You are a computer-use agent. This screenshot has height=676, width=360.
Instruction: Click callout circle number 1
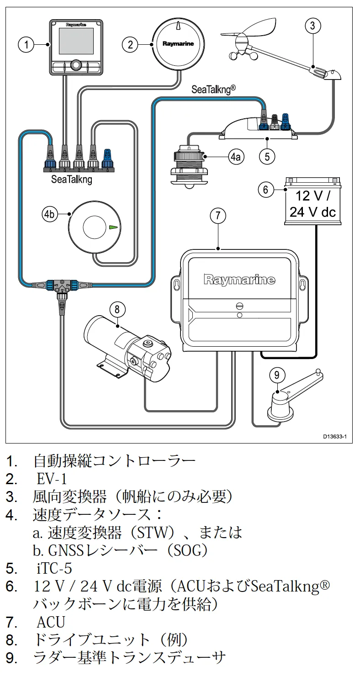[26, 44]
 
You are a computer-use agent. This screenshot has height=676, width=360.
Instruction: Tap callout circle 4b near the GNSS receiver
[50, 214]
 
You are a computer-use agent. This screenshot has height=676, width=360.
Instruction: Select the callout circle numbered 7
[218, 216]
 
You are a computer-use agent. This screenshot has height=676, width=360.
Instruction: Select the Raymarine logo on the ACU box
[239, 280]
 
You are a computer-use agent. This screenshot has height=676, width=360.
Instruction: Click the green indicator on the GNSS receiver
[113, 227]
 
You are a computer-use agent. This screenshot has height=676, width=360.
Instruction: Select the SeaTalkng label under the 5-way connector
[71, 180]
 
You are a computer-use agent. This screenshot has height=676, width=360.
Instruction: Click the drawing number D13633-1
[335, 436]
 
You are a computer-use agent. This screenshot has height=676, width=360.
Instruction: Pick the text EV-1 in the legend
[52, 479]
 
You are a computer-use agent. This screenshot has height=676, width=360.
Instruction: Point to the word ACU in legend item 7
[51, 622]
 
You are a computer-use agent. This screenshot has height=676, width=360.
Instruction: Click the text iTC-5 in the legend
[54, 569]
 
